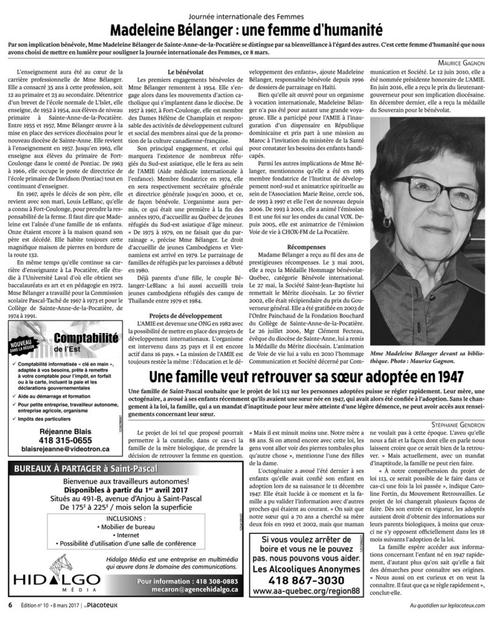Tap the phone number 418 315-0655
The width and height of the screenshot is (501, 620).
tap(65, 440)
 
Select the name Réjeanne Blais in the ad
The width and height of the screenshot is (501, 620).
tap(65, 431)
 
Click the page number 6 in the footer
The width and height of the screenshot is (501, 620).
tap(10, 605)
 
